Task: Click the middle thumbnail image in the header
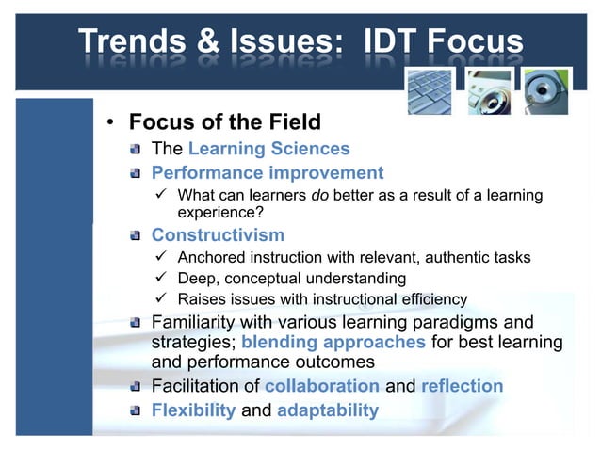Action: (x=488, y=92)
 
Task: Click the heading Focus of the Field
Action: (x=224, y=122)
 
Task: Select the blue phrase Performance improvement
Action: (x=268, y=173)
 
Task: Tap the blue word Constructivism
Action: (x=218, y=234)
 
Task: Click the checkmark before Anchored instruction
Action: (x=162, y=257)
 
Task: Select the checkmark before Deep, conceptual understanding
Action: (x=162, y=279)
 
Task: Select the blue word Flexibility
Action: (x=194, y=410)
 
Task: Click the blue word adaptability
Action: (x=327, y=410)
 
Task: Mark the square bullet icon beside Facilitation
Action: (x=137, y=387)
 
